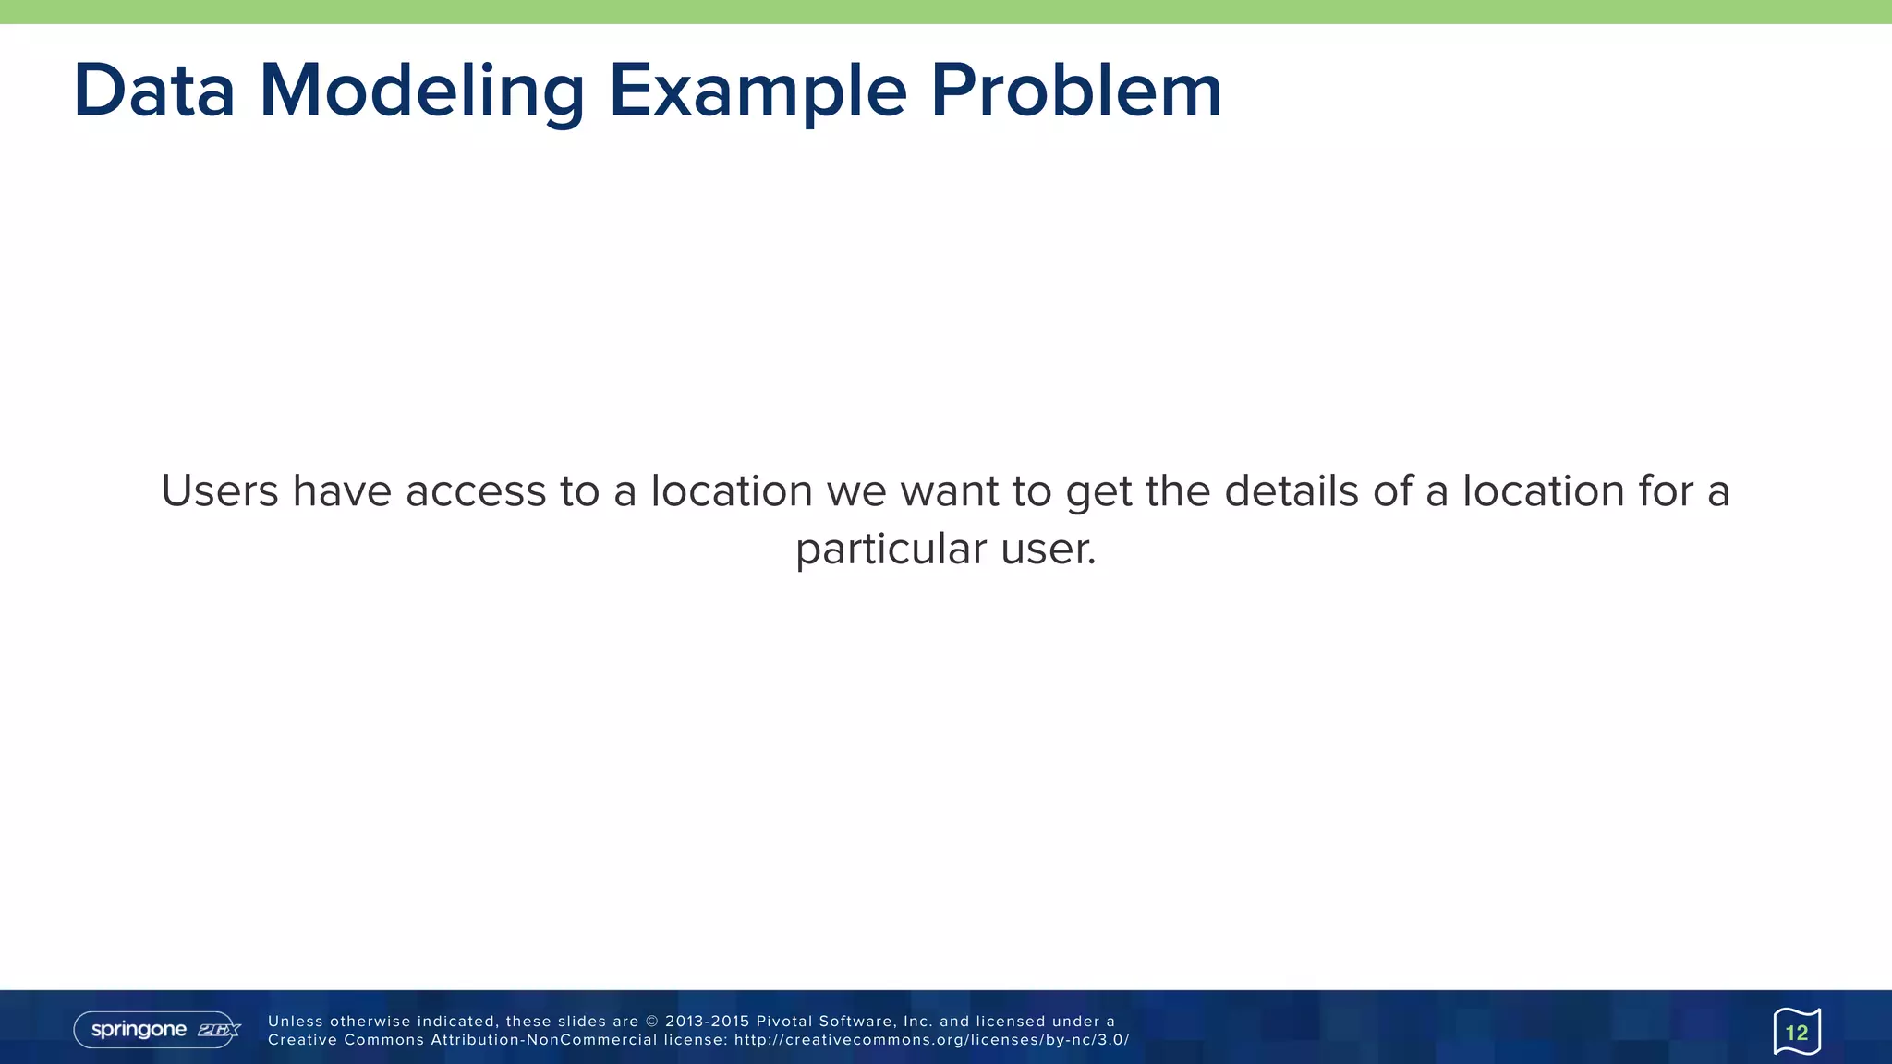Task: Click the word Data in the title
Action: [x=154, y=91]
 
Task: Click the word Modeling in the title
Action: [x=422, y=92]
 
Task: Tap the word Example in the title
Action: [x=758, y=92]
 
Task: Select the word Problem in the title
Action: [x=1076, y=91]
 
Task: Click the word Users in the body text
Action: [x=220, y=490]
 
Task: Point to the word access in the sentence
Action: [x=476, y=490]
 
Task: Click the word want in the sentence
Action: [x=950, y=490]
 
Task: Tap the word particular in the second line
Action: [x=891, y=549]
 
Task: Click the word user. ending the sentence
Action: [x=1049, y=549]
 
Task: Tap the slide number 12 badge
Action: [x=1797, y=1032]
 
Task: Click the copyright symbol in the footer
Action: [x=652, y=1022]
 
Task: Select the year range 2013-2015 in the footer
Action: [x=707, y=1022]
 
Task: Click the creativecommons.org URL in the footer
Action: [x=931, y=1040]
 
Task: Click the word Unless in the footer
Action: [x=296, y=1022]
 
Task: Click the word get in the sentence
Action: [x=1098, y=492]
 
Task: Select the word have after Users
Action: [x=342, y=490]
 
